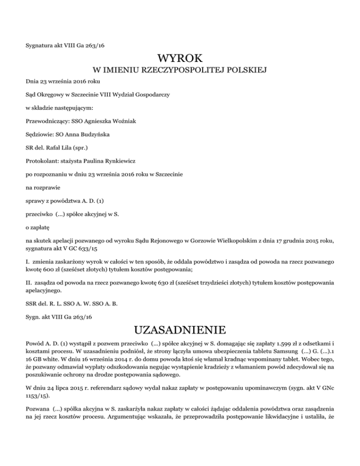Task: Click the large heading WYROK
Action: click(x=180, y=59)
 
